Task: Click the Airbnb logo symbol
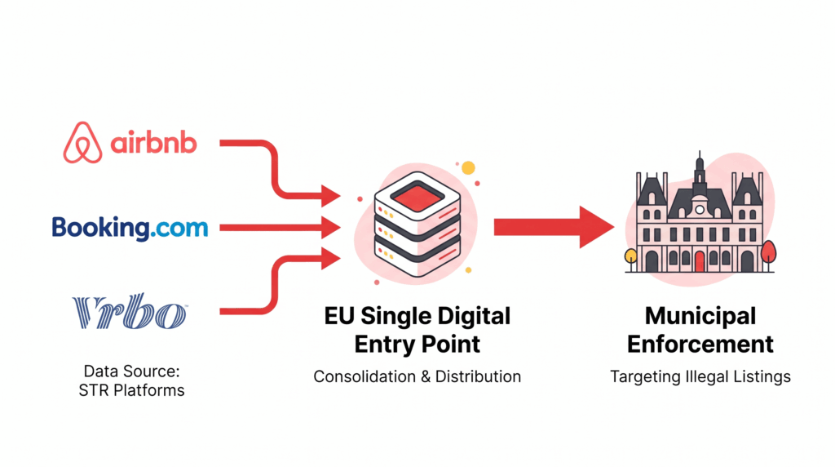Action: click(83, 142)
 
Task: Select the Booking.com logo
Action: click(130, 227)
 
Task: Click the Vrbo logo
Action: click(130, 312)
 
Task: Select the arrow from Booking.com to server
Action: click(277, 227)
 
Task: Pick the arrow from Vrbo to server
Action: click(269, 286)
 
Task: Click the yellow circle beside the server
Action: click(468, 168)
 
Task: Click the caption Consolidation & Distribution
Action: click(417, 376)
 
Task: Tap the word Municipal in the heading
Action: click(700, 317)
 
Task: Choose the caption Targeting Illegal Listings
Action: click(700, 376)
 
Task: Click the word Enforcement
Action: click(700, 344)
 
